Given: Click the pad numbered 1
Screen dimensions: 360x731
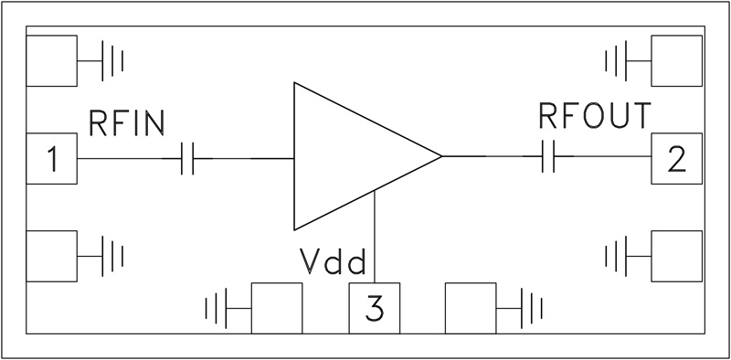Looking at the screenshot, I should click(x=52, y=159).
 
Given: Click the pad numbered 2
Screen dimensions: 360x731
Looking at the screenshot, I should click(x=676, y=158).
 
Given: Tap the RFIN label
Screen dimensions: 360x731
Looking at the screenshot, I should click(x=126, y=122).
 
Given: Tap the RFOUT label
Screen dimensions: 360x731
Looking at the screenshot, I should click(x=595, y=117).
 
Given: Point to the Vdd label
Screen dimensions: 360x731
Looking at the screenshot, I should click(x=334, y=263).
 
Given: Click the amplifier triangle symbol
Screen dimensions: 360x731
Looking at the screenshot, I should click(x=352, y=157).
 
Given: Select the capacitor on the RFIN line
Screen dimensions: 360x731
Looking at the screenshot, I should click(x=187, y=159).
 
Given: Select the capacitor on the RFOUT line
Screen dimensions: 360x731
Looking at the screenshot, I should click(x=549, y=157).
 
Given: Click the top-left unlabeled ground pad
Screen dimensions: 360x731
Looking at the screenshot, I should click(x=52, y=62).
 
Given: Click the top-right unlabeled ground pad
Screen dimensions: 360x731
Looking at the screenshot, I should click(x=676, y=62).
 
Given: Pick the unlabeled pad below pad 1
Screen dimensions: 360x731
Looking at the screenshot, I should click(x=52, y=256).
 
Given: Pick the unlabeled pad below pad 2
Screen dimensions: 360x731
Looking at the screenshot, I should click(x=676, y=256).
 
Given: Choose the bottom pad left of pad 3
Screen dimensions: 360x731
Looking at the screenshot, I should click(x=276, y=309).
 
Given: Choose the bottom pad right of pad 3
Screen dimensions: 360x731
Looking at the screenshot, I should click(x=471, y=309).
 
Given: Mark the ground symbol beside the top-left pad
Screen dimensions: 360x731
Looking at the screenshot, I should click(x=111, y=62).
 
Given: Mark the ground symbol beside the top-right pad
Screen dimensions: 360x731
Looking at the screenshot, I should click(x=618, y=62).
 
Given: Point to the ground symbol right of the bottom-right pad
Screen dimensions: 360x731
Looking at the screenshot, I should click(x=530, y=308).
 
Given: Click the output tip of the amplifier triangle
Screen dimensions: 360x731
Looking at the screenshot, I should click(x=440, y=157).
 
